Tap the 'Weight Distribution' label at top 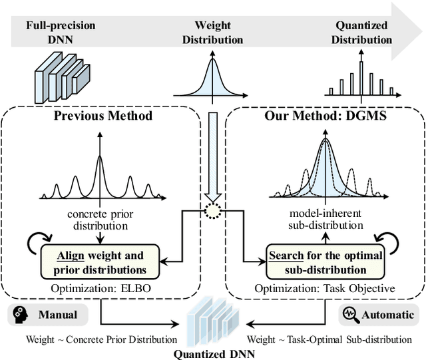tap(212, 33)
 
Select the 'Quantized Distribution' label tap(361, 33)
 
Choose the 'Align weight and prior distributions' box tap(101, 262)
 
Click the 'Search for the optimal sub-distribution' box tap(325, 262)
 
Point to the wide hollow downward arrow tap(212, 153)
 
